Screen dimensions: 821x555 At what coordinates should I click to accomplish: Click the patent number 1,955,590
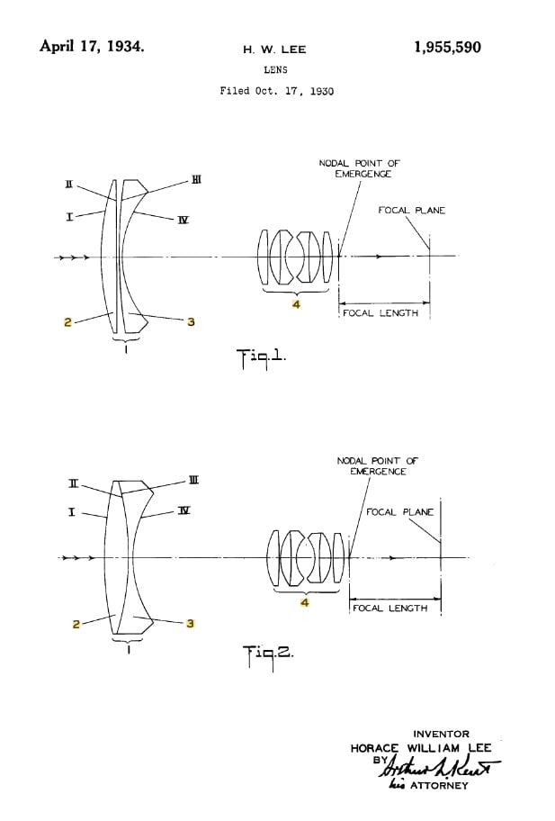point(447,48)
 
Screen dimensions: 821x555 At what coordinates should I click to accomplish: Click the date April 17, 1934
point(91,46)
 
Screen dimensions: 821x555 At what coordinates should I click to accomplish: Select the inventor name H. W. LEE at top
point(274,50)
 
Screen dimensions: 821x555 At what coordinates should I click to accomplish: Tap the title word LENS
point(274,68)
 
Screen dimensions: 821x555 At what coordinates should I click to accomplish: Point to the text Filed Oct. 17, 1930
point(276,91)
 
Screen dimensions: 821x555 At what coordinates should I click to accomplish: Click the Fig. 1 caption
point(260,356)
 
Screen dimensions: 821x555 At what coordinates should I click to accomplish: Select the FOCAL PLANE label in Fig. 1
point(411,211)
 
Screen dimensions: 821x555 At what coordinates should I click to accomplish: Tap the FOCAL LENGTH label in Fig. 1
point(380,314)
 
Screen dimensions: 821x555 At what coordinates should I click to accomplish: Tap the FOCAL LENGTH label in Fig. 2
point(390,609)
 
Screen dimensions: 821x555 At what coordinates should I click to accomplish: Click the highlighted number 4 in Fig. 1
point(295,304)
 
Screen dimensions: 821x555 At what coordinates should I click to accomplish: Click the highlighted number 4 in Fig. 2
point(305,602)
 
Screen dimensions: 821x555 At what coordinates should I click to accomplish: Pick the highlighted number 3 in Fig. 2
point(191,623)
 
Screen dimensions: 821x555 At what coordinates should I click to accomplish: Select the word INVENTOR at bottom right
point(441,735)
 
